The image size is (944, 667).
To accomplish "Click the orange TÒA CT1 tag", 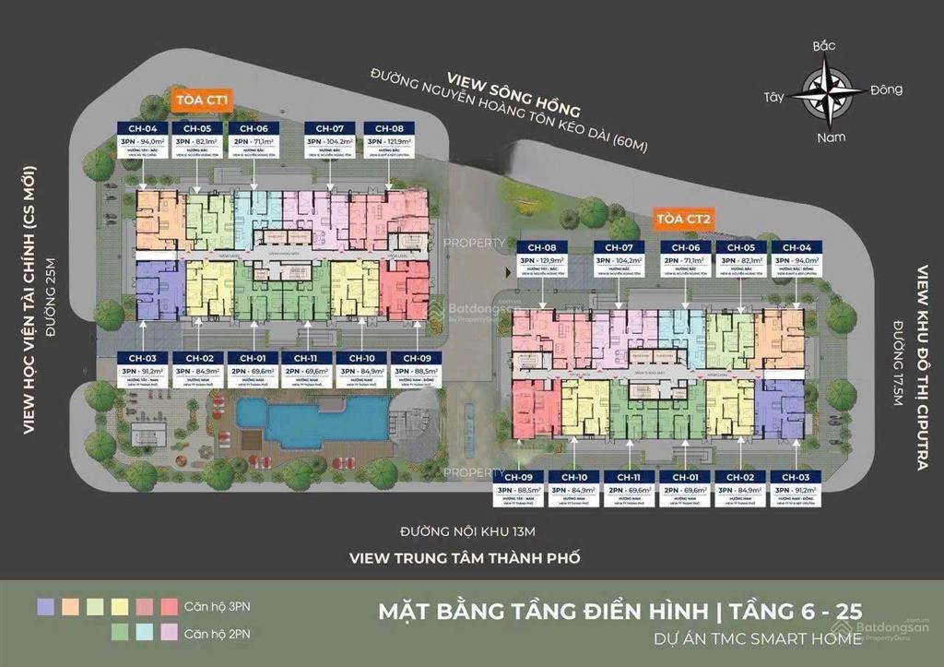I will click(199, 99).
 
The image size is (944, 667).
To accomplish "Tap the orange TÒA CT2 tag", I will click(684, 219).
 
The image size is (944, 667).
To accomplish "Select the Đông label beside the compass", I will click(885, 89).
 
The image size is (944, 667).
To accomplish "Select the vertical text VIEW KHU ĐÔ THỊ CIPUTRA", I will click(922, 368).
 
